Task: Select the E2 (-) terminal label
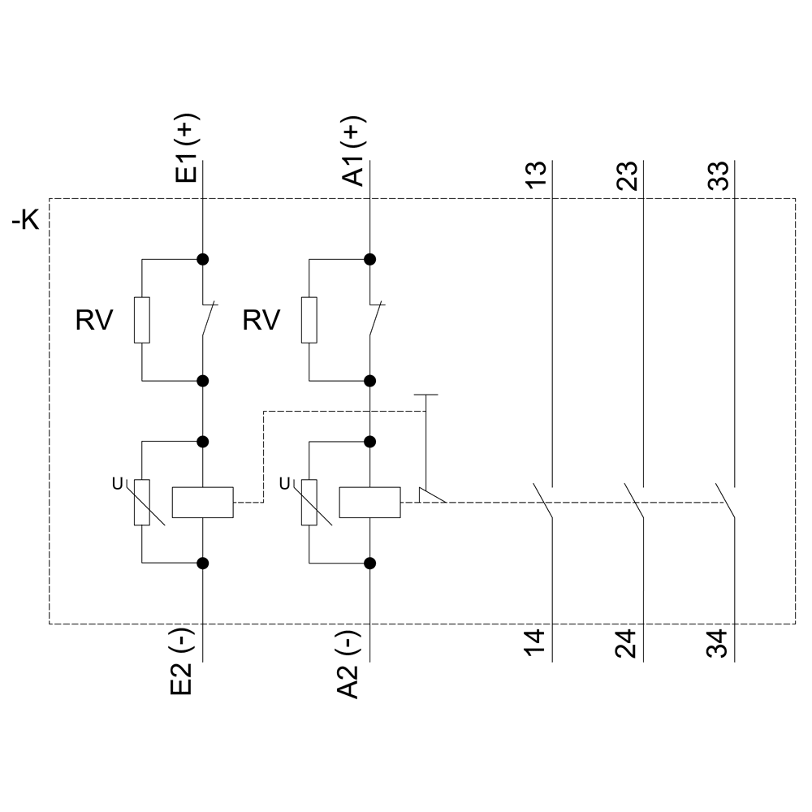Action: point(182,663)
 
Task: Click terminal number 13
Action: point(537,175)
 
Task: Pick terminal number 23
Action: point(628,175)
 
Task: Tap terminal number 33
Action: point(719,175)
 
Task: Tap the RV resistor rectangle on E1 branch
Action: point(142,320)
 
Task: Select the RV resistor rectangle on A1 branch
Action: point(309,320)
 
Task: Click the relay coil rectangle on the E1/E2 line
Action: point(203,503)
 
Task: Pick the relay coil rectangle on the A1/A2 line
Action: point(369,503)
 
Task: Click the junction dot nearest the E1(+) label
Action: point(203,260)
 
